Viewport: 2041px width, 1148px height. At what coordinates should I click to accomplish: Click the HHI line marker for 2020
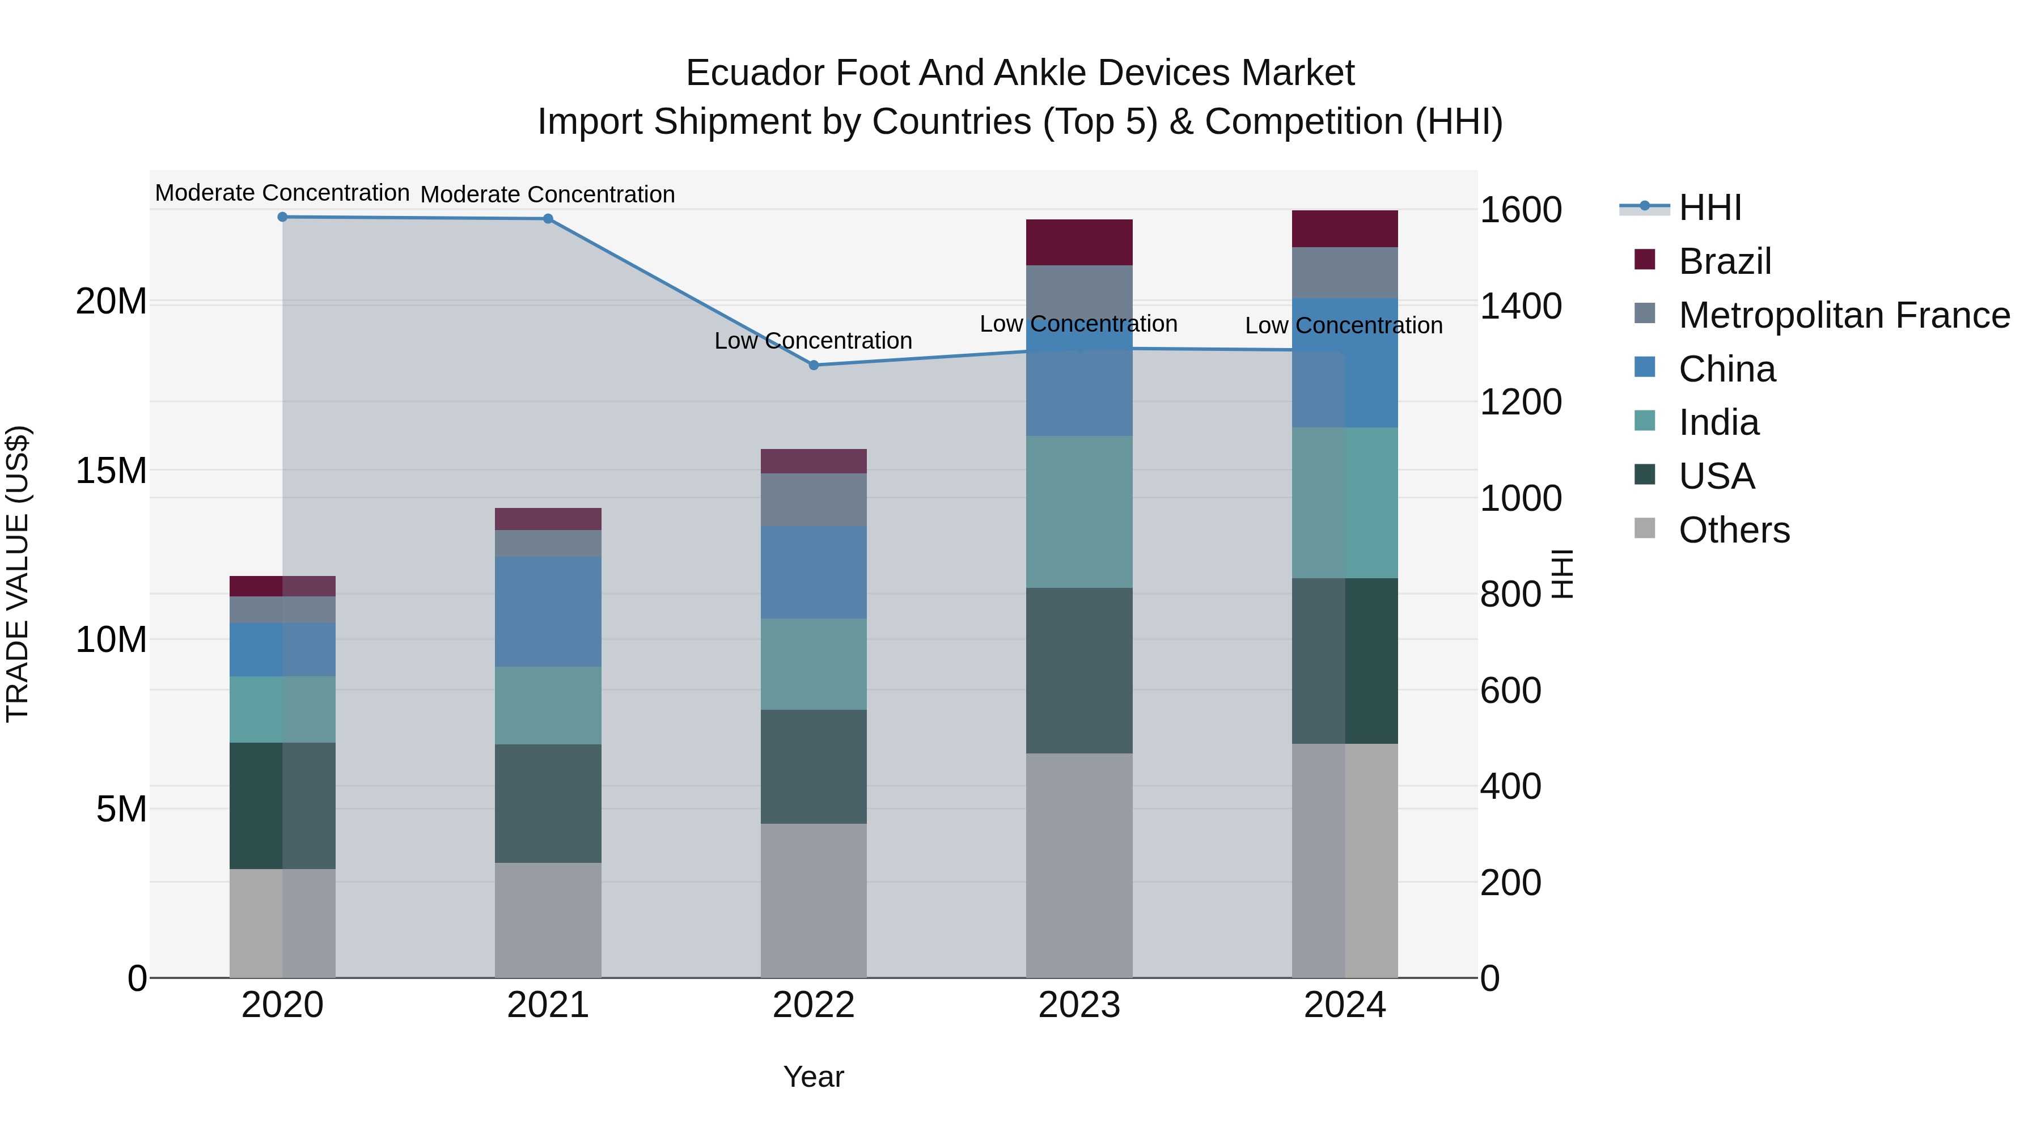pos(282,217)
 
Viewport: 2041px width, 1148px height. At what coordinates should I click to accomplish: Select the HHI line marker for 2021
pos(548,219)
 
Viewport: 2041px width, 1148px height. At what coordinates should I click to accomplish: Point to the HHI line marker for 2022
pos(814,365)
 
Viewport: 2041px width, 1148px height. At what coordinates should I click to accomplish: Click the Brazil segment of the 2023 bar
pos(1079,243)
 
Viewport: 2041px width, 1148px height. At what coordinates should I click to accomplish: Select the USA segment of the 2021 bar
pos(548,803)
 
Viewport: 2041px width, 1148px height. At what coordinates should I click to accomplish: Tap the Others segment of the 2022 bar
pos(814,900)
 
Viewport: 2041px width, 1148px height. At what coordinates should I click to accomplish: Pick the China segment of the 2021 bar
pos(548,612)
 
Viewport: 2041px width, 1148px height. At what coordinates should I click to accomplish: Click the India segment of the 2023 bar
pos(1079,512)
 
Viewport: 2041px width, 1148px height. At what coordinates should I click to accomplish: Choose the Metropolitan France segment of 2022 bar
pos(814,500)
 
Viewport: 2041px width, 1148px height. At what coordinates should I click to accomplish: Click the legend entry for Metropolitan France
pos(1844,315)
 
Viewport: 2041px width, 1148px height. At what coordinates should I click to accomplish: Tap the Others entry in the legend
pos(1734,530)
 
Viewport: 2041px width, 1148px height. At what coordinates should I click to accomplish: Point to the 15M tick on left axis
pos(111,471)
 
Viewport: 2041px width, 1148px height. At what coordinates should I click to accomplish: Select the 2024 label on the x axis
pos(1345,1005)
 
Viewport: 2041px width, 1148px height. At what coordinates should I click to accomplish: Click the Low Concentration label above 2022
pos(813,341)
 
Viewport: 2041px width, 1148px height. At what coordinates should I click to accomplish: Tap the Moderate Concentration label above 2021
pos(548,194)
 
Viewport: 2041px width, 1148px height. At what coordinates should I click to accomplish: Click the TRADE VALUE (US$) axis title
pos(18,574)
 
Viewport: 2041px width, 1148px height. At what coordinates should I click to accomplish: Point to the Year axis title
pos(814,1077)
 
